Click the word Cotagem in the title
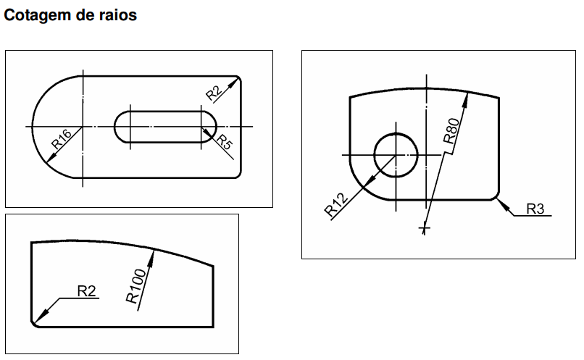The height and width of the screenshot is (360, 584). tap(38, 15)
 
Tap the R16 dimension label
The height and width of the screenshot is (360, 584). tap(62, 139)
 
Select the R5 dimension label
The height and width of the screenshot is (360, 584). tap(225, 142)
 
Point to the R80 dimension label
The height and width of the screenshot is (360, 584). tap(451, 130)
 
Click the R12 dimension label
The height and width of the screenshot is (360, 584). tap(336, 205)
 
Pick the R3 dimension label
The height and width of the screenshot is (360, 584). tap(535, 209)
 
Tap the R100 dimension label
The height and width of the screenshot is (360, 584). tap(136, 286)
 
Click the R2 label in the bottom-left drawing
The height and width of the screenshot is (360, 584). tap(86, 291)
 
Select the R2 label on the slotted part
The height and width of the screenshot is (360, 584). tap(214, 93)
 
